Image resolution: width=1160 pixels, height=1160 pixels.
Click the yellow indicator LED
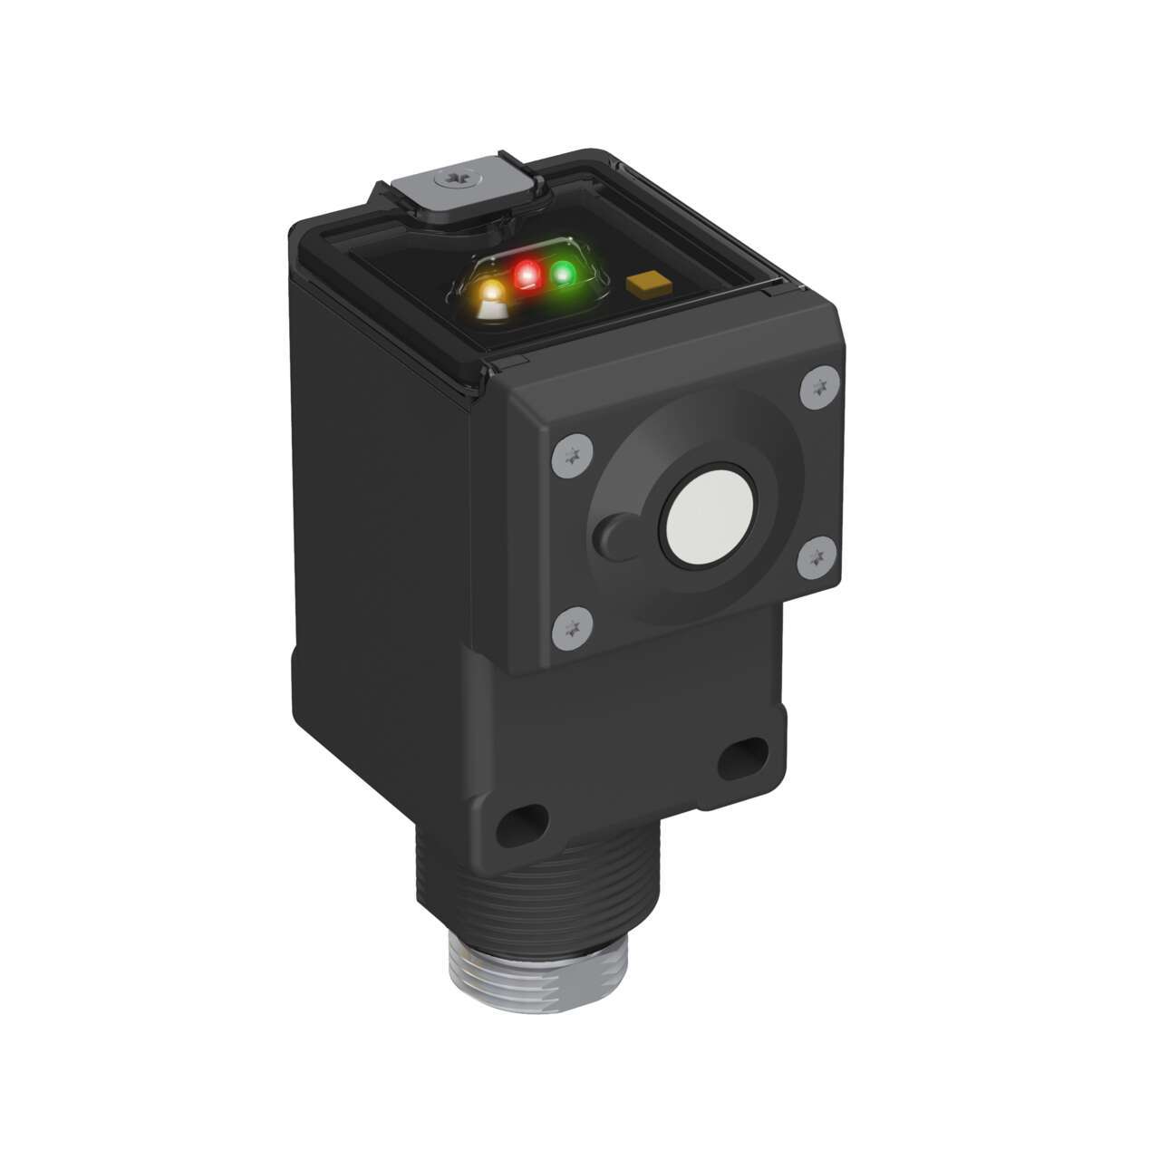click(x=492, y=293)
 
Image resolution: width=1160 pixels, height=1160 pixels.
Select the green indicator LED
click(x=564, y=272)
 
